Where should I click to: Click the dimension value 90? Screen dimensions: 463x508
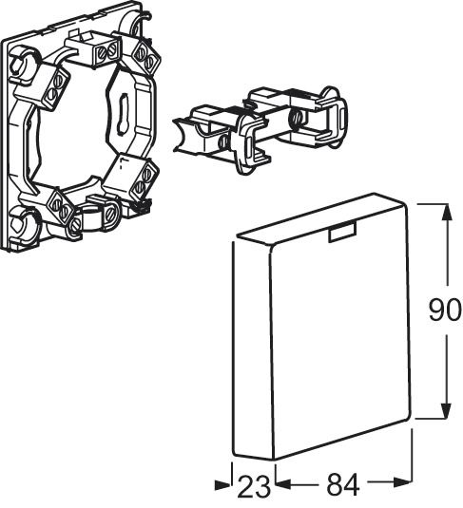(444, 310)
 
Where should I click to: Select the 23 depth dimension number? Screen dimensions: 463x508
(254, 486)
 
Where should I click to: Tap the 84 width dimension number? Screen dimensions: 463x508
(343, 485)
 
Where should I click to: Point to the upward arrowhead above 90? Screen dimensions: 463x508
(447, 213)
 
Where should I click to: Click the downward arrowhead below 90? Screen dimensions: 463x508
(447, 409)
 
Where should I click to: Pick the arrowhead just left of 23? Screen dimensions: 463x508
(222, 484)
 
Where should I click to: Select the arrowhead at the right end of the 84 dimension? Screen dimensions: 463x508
(403, 482)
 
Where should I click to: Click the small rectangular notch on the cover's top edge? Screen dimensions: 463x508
(342, 233)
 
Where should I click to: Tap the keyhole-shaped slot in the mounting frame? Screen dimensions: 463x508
(124, 113)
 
